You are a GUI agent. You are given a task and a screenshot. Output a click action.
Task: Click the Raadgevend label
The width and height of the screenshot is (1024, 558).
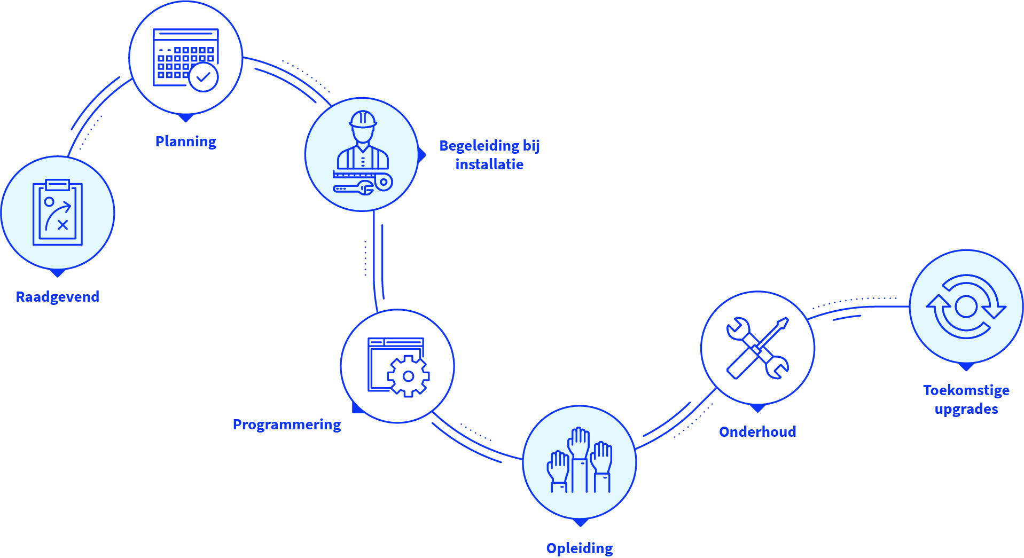pyautogui.click(x=57, y=297)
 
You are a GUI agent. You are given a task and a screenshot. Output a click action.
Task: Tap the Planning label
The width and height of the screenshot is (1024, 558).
pyautogui.click(x=185, y=142)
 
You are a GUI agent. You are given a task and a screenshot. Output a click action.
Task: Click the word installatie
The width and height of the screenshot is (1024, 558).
pyautogui.click(x=489, y=164)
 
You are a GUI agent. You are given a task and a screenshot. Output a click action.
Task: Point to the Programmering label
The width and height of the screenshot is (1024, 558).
pyautogui.click(x=286, y=425)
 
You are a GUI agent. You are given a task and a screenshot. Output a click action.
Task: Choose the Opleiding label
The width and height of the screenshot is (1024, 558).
pyautogui.click(x=579, y=548)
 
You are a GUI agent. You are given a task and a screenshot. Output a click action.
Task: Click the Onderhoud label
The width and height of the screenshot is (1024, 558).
pyautogui.click(x=757, y=432)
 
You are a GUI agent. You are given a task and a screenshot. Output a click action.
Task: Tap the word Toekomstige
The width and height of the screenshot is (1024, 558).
pyautogui.click(x=966, y=390)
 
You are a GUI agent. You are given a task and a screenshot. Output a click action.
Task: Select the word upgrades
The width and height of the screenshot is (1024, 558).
pyautogui.click(x=966, y=409)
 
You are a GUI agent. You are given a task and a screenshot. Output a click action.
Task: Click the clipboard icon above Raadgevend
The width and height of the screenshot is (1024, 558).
pyautogui.click(x=58, y=213)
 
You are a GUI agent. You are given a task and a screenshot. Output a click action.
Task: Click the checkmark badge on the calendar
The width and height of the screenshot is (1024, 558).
pyautogui.click(x=204, y=77)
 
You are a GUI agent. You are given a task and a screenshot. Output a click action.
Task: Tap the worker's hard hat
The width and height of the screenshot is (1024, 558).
pyautogui.click(x=363, y=119)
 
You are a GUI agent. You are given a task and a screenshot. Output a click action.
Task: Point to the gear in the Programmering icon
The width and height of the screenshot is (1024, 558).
pyautogui.click(x=408, y=376)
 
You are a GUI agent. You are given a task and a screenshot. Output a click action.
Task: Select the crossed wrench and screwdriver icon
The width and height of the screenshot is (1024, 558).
pyautogui.click(x=757, y=348)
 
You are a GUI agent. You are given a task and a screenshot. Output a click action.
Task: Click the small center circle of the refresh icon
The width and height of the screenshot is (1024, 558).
pyautogui.click(x=966, y=306)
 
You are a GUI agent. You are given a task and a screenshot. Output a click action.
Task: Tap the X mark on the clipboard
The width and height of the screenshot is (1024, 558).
pyautogui.click(x=63, y=225)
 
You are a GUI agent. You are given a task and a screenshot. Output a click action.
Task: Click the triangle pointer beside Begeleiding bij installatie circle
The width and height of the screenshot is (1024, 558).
pyautogui.click(x=422, y=155)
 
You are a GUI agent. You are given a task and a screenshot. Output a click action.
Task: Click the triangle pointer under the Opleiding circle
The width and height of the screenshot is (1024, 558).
pyautogui.click(x=580, y=522)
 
